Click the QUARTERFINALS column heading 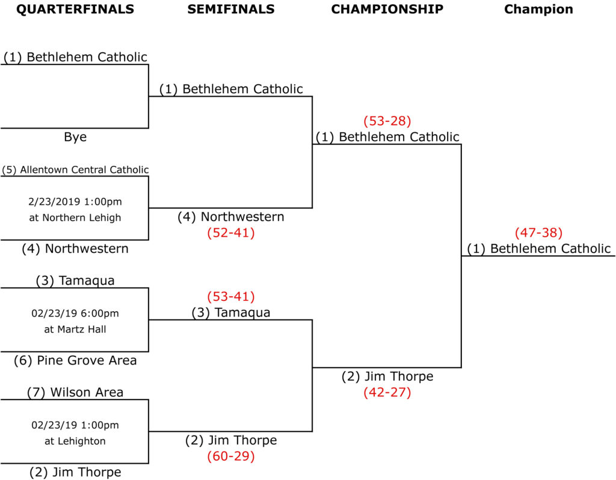click(x=75, y=9)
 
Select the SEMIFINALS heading click(x=231, y=9)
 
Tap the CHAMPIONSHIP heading click(x=387, y=9)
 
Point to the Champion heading click(x=538, y=9)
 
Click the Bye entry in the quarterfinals click(x=75, y=137)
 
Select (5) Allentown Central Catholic click(x=75, y=169)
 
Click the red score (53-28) click(x=387, y=121)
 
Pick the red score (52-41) click(x=231, y=232)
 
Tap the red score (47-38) click(x=538, y=232)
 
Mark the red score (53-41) click(x=231, y=297)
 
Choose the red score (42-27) click(x=387, y=393)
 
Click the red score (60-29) click(x=231, y=456)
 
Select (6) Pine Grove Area click(x=75, y=360)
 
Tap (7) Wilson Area click(x=75, y=393)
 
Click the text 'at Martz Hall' click(x=75, y=329)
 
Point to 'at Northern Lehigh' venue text click(x=75, y=217)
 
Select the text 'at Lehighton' click(x=75, y=441)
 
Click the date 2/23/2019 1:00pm click(x=75, y=201)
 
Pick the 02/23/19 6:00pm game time click(x=75, y=313)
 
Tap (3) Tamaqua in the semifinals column click(x=231, y=312)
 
